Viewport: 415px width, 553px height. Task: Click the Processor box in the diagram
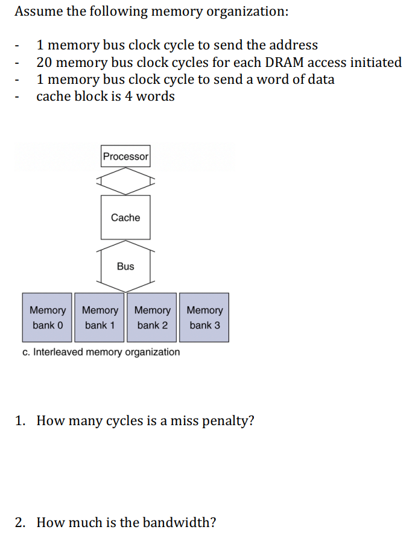125,156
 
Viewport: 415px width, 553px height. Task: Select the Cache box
125,217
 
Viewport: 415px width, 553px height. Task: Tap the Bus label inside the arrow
125,266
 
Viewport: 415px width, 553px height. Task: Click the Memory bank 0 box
47,317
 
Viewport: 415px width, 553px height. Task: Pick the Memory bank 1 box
100,317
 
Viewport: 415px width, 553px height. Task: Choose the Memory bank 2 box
152,317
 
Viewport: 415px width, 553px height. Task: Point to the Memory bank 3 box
204,317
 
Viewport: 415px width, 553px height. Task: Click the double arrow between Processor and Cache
125,181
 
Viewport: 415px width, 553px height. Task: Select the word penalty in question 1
229,420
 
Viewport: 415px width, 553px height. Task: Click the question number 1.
19,420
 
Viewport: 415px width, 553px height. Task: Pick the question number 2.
19,522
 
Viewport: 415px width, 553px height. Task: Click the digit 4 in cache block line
128,96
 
